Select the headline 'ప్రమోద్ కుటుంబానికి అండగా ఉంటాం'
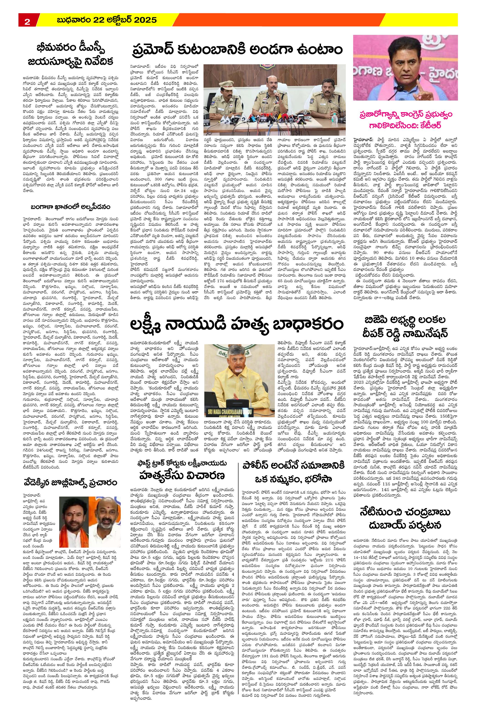coord(237,50)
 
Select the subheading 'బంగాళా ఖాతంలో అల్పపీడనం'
coord(70,207)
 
